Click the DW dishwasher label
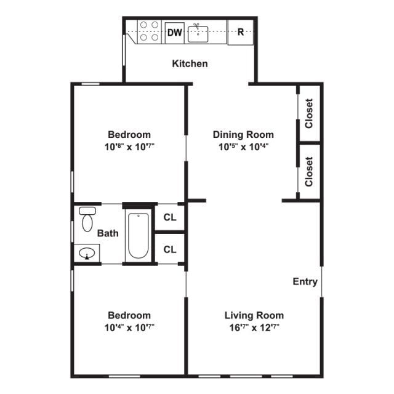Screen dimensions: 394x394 [x=175, y=33]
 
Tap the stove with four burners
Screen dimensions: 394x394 [x=148, y=31]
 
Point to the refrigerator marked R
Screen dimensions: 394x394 [x=241, y=32]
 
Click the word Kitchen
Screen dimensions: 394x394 [x=190, y=63]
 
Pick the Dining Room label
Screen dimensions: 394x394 [x=243, y=134]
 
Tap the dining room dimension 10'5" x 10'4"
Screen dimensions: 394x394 [x=243, y=147]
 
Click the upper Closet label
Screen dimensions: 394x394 [x=309, y=113]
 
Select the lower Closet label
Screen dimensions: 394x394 [x=309, y=171]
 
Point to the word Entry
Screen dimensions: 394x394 [x=305, y=281]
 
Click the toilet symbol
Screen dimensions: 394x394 [x=87, y=219]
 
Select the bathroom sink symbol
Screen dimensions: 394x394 [x=87, y=252]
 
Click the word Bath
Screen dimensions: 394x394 [x=108, y=233]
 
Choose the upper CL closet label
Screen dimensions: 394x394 [x=170, y=217]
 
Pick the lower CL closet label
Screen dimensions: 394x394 [x=170, y=249]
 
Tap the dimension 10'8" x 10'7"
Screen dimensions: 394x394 [x=129, y=147]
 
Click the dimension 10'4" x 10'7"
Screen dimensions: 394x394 [x=129, y=327]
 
